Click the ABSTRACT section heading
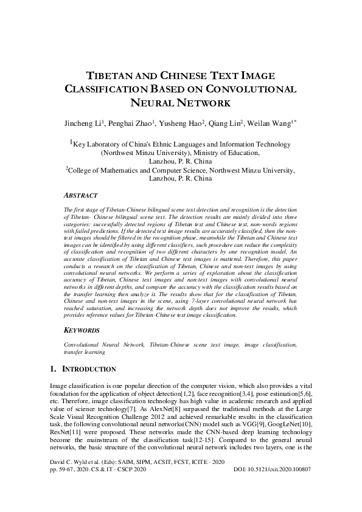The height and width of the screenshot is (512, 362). tap(80, 196)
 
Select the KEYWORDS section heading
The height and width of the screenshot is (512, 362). tap(82, 330)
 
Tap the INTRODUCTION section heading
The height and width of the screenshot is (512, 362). tap(90, 369)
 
